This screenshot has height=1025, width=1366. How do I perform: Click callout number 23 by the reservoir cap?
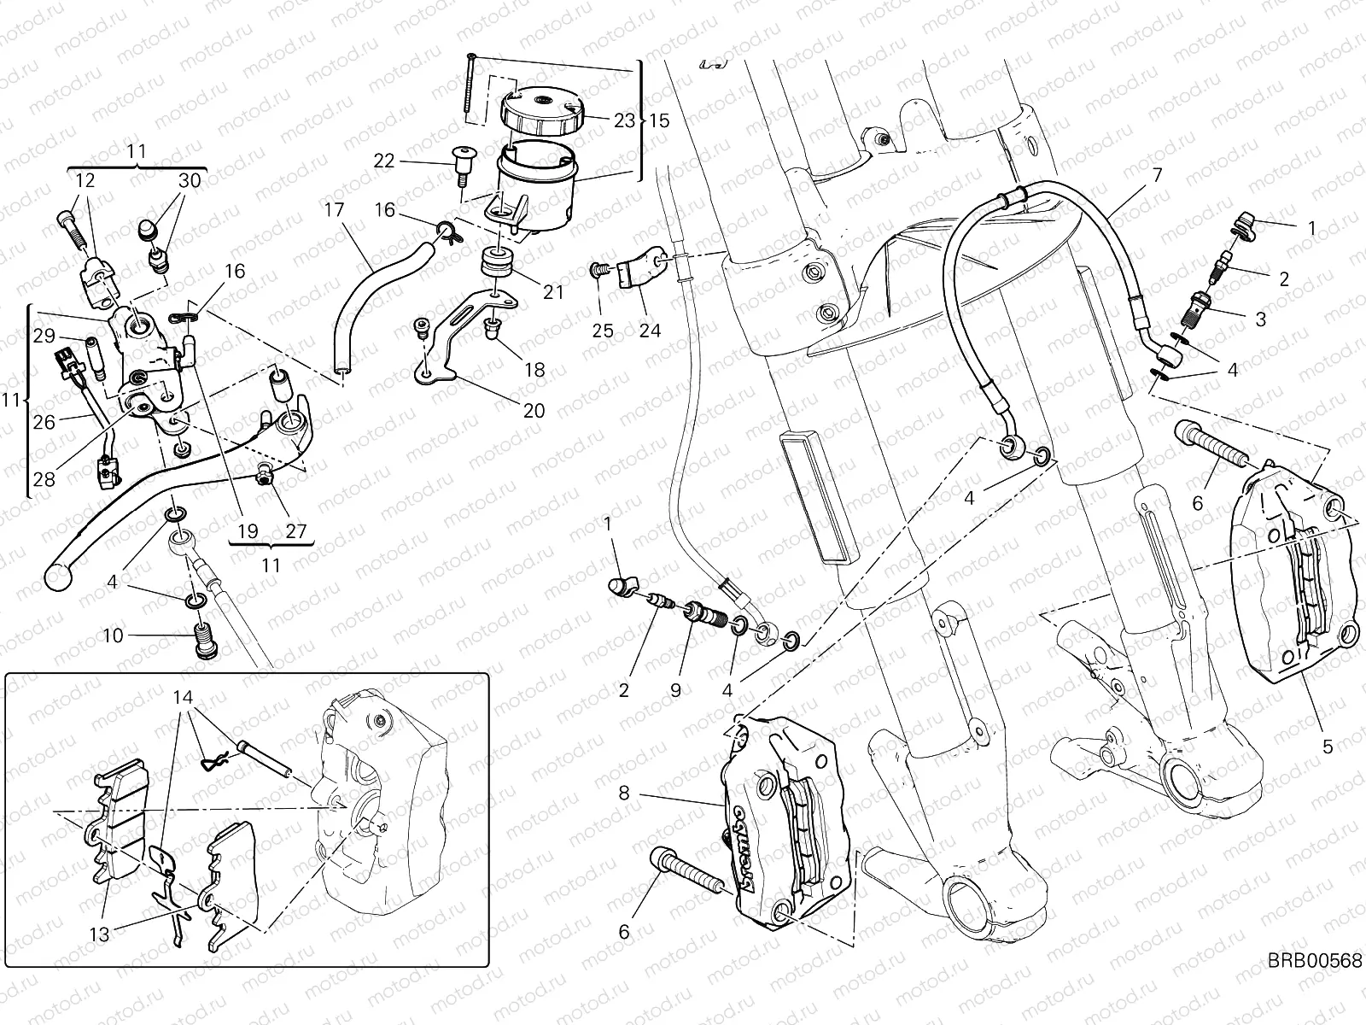(x=624, y=120)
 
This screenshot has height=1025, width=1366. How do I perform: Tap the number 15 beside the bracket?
(x=659, y=120)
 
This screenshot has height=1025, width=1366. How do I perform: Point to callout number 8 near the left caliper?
(x=624, y=794)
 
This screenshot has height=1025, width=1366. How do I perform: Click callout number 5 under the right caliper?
(x=1328, y=747)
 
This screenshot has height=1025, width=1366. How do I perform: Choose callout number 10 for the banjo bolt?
(x=114, y=635)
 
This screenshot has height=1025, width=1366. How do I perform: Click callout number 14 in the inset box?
(x=183, y=695)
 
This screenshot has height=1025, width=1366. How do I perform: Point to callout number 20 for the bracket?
(x=534, y=411)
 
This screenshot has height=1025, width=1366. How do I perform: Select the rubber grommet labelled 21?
(x=494, y=261)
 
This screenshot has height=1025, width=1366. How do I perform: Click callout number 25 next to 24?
(x=603, y=331)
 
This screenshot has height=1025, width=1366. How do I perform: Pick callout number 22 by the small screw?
(x=384, y=160)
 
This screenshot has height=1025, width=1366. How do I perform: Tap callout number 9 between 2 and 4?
(x=675, y=690)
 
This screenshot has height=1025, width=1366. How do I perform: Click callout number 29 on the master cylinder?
(x=44, y=336)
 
